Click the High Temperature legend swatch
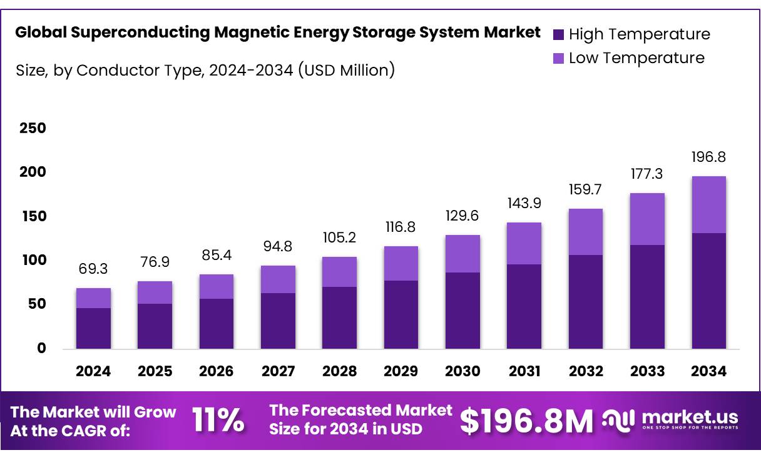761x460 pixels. [559, 34]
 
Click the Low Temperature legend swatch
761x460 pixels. [559, 59]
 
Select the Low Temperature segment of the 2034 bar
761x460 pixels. [708, 205]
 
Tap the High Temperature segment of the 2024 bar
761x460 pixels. [93, 328]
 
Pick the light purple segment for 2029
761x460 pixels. [401, 263]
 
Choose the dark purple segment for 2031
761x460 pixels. [524, 306]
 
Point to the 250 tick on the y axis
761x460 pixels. [33, 129]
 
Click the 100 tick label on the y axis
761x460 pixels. [33, 261]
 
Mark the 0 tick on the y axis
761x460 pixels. [42, 349]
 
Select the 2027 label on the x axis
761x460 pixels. [278, 371]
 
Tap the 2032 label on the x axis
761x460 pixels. [586, 371]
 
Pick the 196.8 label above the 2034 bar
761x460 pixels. [708, 157]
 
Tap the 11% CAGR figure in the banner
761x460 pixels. [218, 420]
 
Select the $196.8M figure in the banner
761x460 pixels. [526, 421]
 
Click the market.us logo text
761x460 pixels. [690, 417]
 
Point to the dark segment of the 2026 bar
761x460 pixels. [217, 323]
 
